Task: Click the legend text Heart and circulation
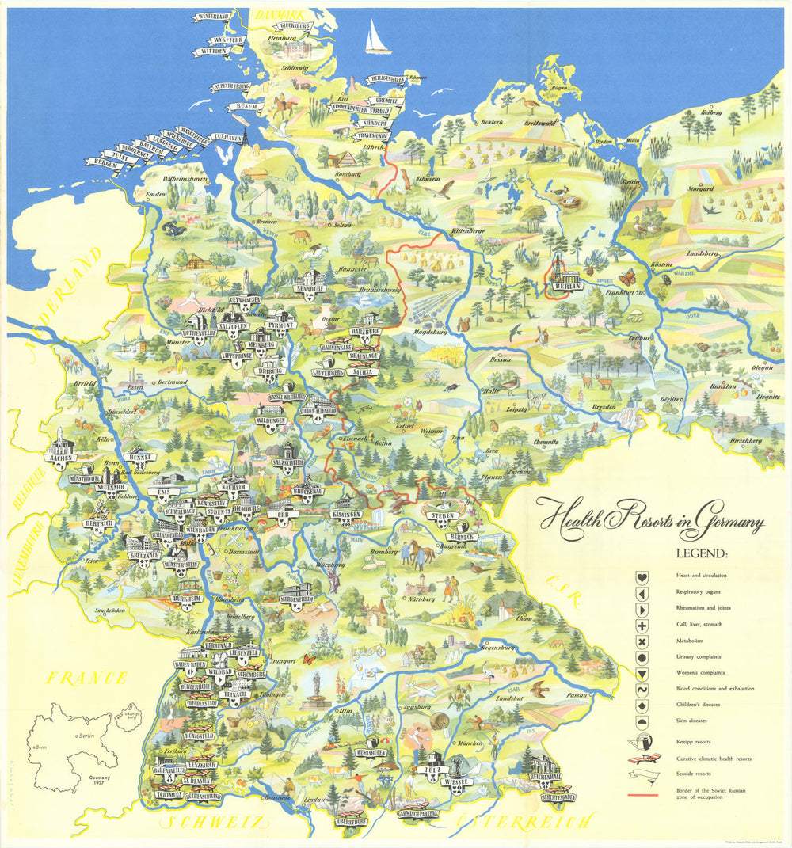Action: (x=701, y=576)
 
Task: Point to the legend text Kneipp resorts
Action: (x=695, y=742)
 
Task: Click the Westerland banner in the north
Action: (x=214, y=16)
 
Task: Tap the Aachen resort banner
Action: (x=60, y=458)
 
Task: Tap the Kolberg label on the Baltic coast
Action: (x=710, y=113)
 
